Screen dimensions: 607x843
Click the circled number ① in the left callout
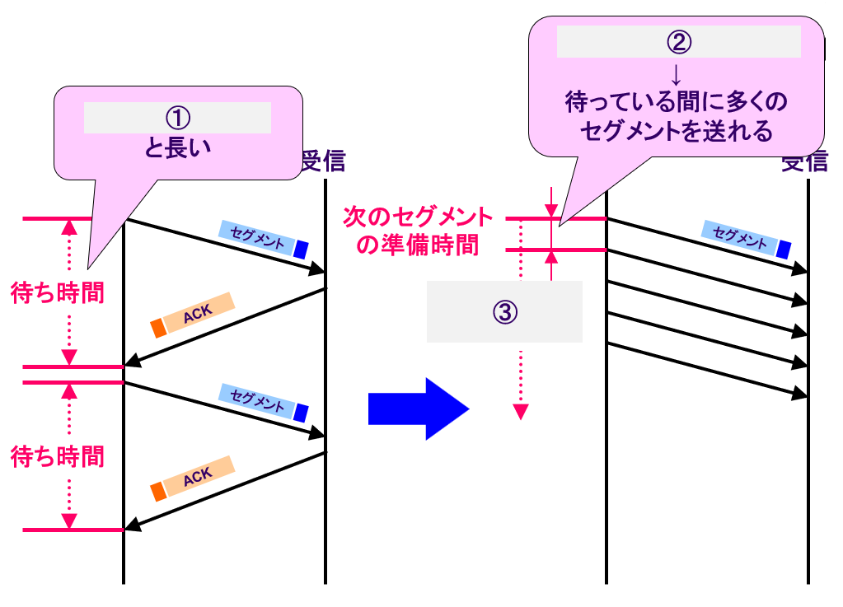pos(178,118)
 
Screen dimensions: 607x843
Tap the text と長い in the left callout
pos(178,148)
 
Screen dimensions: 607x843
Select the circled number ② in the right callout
pos(678,41)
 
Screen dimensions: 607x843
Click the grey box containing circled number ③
pos(504,311)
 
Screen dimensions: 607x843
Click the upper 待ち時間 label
pos(58,293)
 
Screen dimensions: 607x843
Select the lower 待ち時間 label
pos(58,456)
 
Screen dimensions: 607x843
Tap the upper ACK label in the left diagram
pos(199,312)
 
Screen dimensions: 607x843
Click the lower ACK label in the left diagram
pos(199,475)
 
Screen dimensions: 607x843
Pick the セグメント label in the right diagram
pos(739,236)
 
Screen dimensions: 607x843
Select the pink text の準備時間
pos(417,245)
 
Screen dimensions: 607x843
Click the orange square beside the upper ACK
pos(158,328)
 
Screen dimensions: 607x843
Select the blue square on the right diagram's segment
pos(784,247)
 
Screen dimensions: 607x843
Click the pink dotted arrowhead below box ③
pos(520,411)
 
